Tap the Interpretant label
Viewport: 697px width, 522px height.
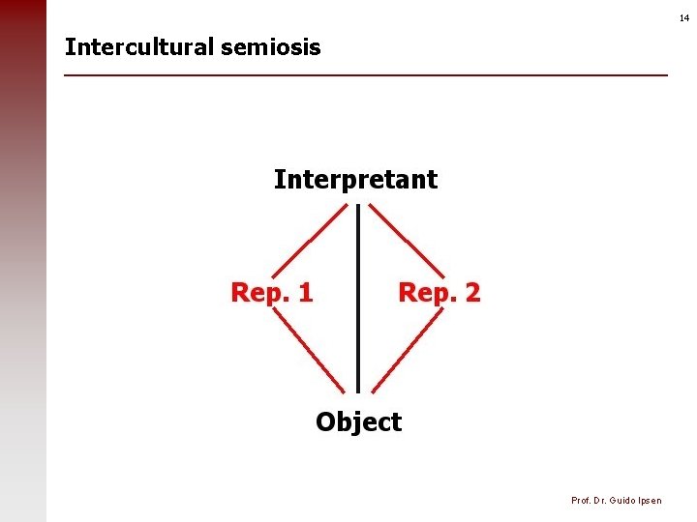pos(355,180)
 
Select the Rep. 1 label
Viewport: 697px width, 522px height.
pos(271,292)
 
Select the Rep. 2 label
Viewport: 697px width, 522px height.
pos(439,292)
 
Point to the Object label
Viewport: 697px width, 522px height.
pos(358,422)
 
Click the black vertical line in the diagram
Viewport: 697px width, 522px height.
pos(358,300)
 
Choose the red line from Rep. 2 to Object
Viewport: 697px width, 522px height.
pos(408,352)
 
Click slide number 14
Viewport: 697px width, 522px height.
pos(684,18)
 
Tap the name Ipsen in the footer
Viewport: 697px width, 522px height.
pos(649,500)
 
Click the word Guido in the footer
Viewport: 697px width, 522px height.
pos(619,500)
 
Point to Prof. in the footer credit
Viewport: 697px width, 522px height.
pos(581,500)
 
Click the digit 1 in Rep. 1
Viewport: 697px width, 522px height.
pos(305,292)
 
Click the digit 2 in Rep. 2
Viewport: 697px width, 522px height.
pos(471,292)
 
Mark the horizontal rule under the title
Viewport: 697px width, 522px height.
pos(366,75)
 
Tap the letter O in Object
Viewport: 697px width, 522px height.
pos(326,422)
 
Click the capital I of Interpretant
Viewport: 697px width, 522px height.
pos(279,180)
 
